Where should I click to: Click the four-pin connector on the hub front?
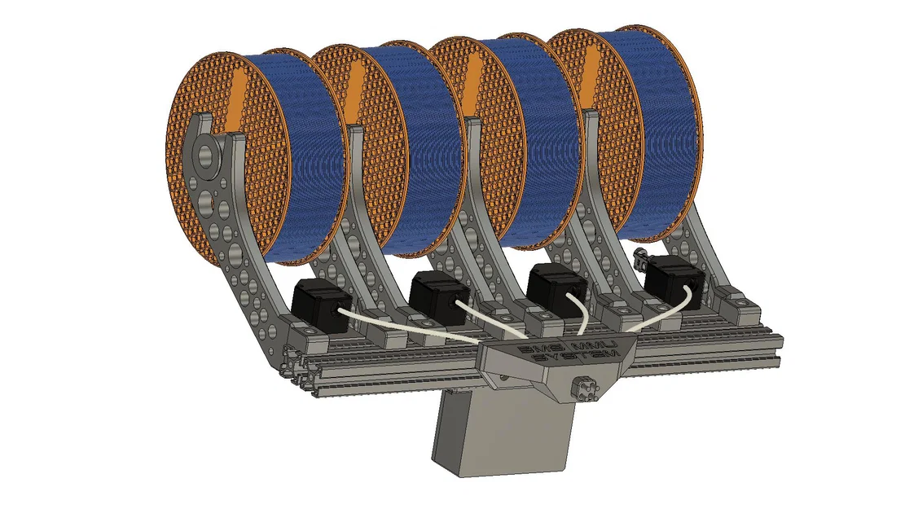(586, 388)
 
